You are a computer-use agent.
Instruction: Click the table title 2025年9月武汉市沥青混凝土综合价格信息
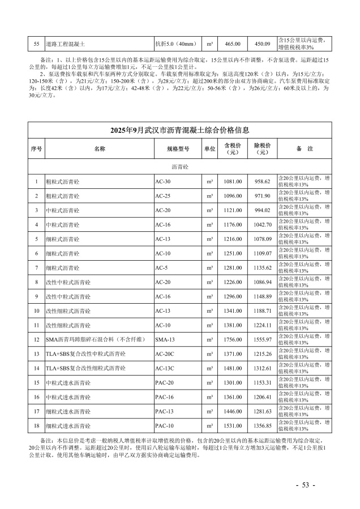tap(179, 130)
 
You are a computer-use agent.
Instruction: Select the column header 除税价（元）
tap(263, 148)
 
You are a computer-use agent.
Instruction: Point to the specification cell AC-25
tap(163, 196)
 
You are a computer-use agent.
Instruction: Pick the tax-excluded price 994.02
tap(263, 210)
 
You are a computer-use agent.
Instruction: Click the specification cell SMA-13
tap(165, 339)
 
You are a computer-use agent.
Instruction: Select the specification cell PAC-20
tap(165, 382)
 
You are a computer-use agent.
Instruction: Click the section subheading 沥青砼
tap(179, 167)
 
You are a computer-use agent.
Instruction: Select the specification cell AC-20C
tap(165, 353)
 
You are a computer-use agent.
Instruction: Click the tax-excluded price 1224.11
tap(263, 325)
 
